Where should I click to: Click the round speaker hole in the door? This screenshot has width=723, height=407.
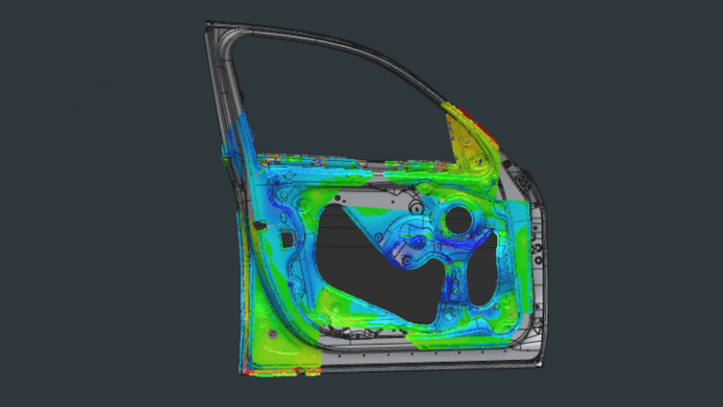tap(458, 220)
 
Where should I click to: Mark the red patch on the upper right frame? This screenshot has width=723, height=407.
tap(480, 121)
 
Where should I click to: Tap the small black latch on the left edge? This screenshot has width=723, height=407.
tap(256, 225)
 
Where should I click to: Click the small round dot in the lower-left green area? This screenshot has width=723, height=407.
tap(273, 335)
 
